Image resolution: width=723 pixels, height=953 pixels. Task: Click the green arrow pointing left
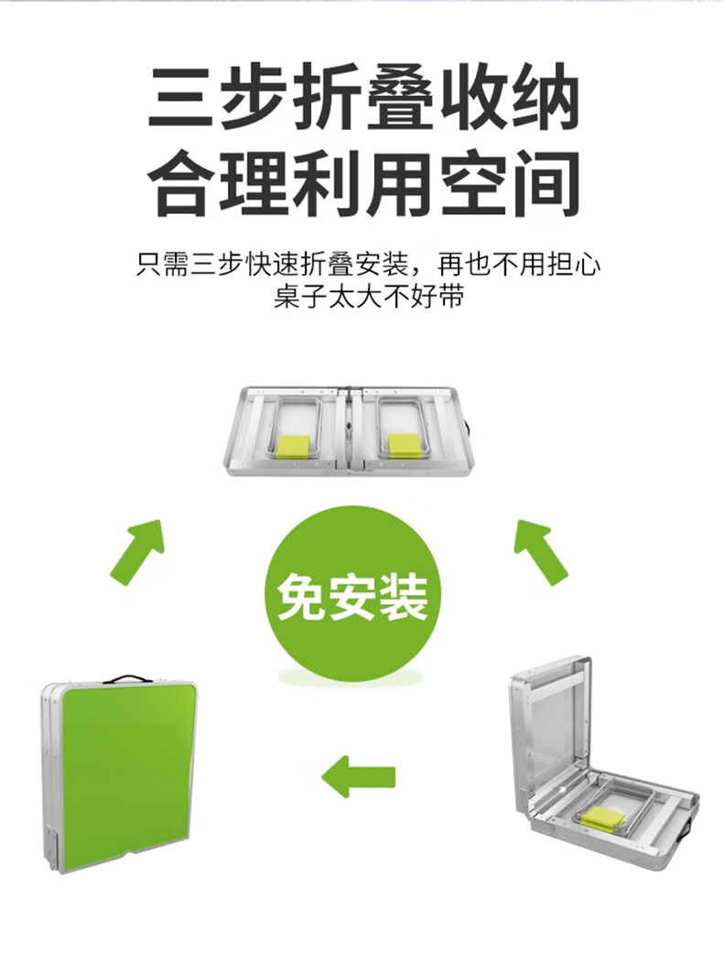pyautogui.click(x=358, y=776)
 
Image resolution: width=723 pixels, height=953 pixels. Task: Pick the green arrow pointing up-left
pyautogui.click(x=540, y=550)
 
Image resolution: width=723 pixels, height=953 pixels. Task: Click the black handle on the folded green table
pyautogui.click(x=127, y=679)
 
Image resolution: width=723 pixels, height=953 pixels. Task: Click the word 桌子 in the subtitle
pyautogui.click(x=299, y=298)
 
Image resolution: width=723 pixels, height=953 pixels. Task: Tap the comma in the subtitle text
pyautogui.click(x=417, y=272)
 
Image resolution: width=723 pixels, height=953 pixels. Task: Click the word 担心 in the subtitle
pyautogui.click(x=574, y=265)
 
